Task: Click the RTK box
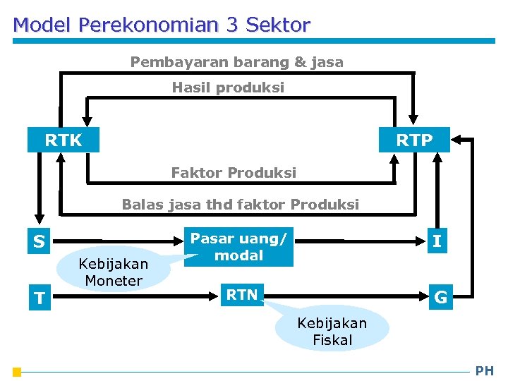pos(63,140)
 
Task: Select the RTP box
pos(414,140)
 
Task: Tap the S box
pos(39,242)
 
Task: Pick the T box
pos(39,298)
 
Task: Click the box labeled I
pos(437,241)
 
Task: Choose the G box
pos(440,297)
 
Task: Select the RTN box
pos(242,295)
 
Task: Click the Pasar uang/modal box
pos(238,247)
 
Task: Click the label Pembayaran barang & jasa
pos(237,62)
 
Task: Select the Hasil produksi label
pos(228,87)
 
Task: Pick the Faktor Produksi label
pos(234,172)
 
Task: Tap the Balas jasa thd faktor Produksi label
pos(240,205)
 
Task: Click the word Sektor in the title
pos(277,25)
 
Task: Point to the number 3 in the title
pos(232,25)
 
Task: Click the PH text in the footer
pos(485,370)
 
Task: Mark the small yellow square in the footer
pos(17,372)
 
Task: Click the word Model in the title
pos(42,25)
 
